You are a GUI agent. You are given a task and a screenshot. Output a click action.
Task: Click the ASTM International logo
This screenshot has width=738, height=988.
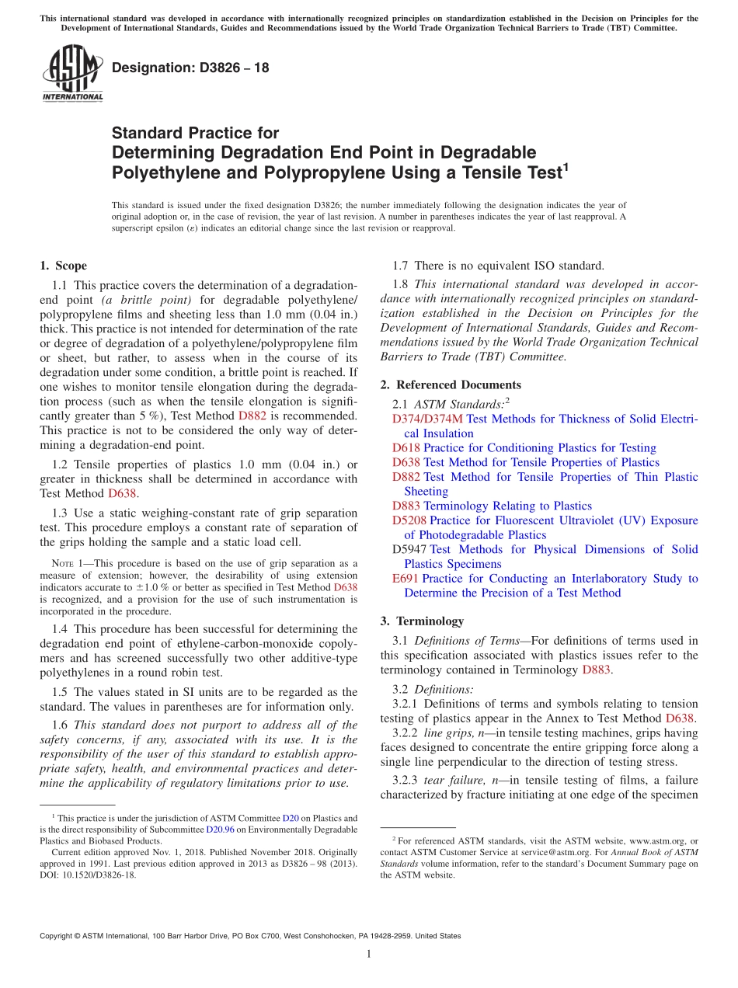tap(71, 73)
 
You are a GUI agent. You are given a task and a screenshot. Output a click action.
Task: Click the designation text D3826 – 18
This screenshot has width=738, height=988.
tap(190, 68)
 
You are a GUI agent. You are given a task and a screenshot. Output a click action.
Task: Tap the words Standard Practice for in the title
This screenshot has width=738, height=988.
tap(195, 133)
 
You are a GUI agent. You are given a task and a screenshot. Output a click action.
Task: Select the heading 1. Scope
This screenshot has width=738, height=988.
tap(63, 266)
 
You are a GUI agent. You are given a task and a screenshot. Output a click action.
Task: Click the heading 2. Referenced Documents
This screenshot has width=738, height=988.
tap(451, 384)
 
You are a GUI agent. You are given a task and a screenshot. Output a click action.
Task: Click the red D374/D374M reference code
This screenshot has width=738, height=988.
tap(427, 419)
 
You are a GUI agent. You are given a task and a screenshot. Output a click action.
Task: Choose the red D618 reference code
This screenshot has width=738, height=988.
tap(406, 448)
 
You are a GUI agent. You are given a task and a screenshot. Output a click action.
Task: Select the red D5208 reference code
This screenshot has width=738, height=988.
tap(409, 520)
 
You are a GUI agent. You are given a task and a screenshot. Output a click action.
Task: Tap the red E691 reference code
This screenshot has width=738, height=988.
tap(406, 579)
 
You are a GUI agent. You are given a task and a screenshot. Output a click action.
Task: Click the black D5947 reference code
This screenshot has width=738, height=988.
tap(409, 549)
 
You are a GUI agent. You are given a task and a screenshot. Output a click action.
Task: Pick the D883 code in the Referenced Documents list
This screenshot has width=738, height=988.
tap(406, 506)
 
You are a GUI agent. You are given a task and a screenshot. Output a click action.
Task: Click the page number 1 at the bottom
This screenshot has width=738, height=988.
tap(369, 954)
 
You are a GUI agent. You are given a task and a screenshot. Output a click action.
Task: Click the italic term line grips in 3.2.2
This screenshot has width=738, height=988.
tap(449, 733)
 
